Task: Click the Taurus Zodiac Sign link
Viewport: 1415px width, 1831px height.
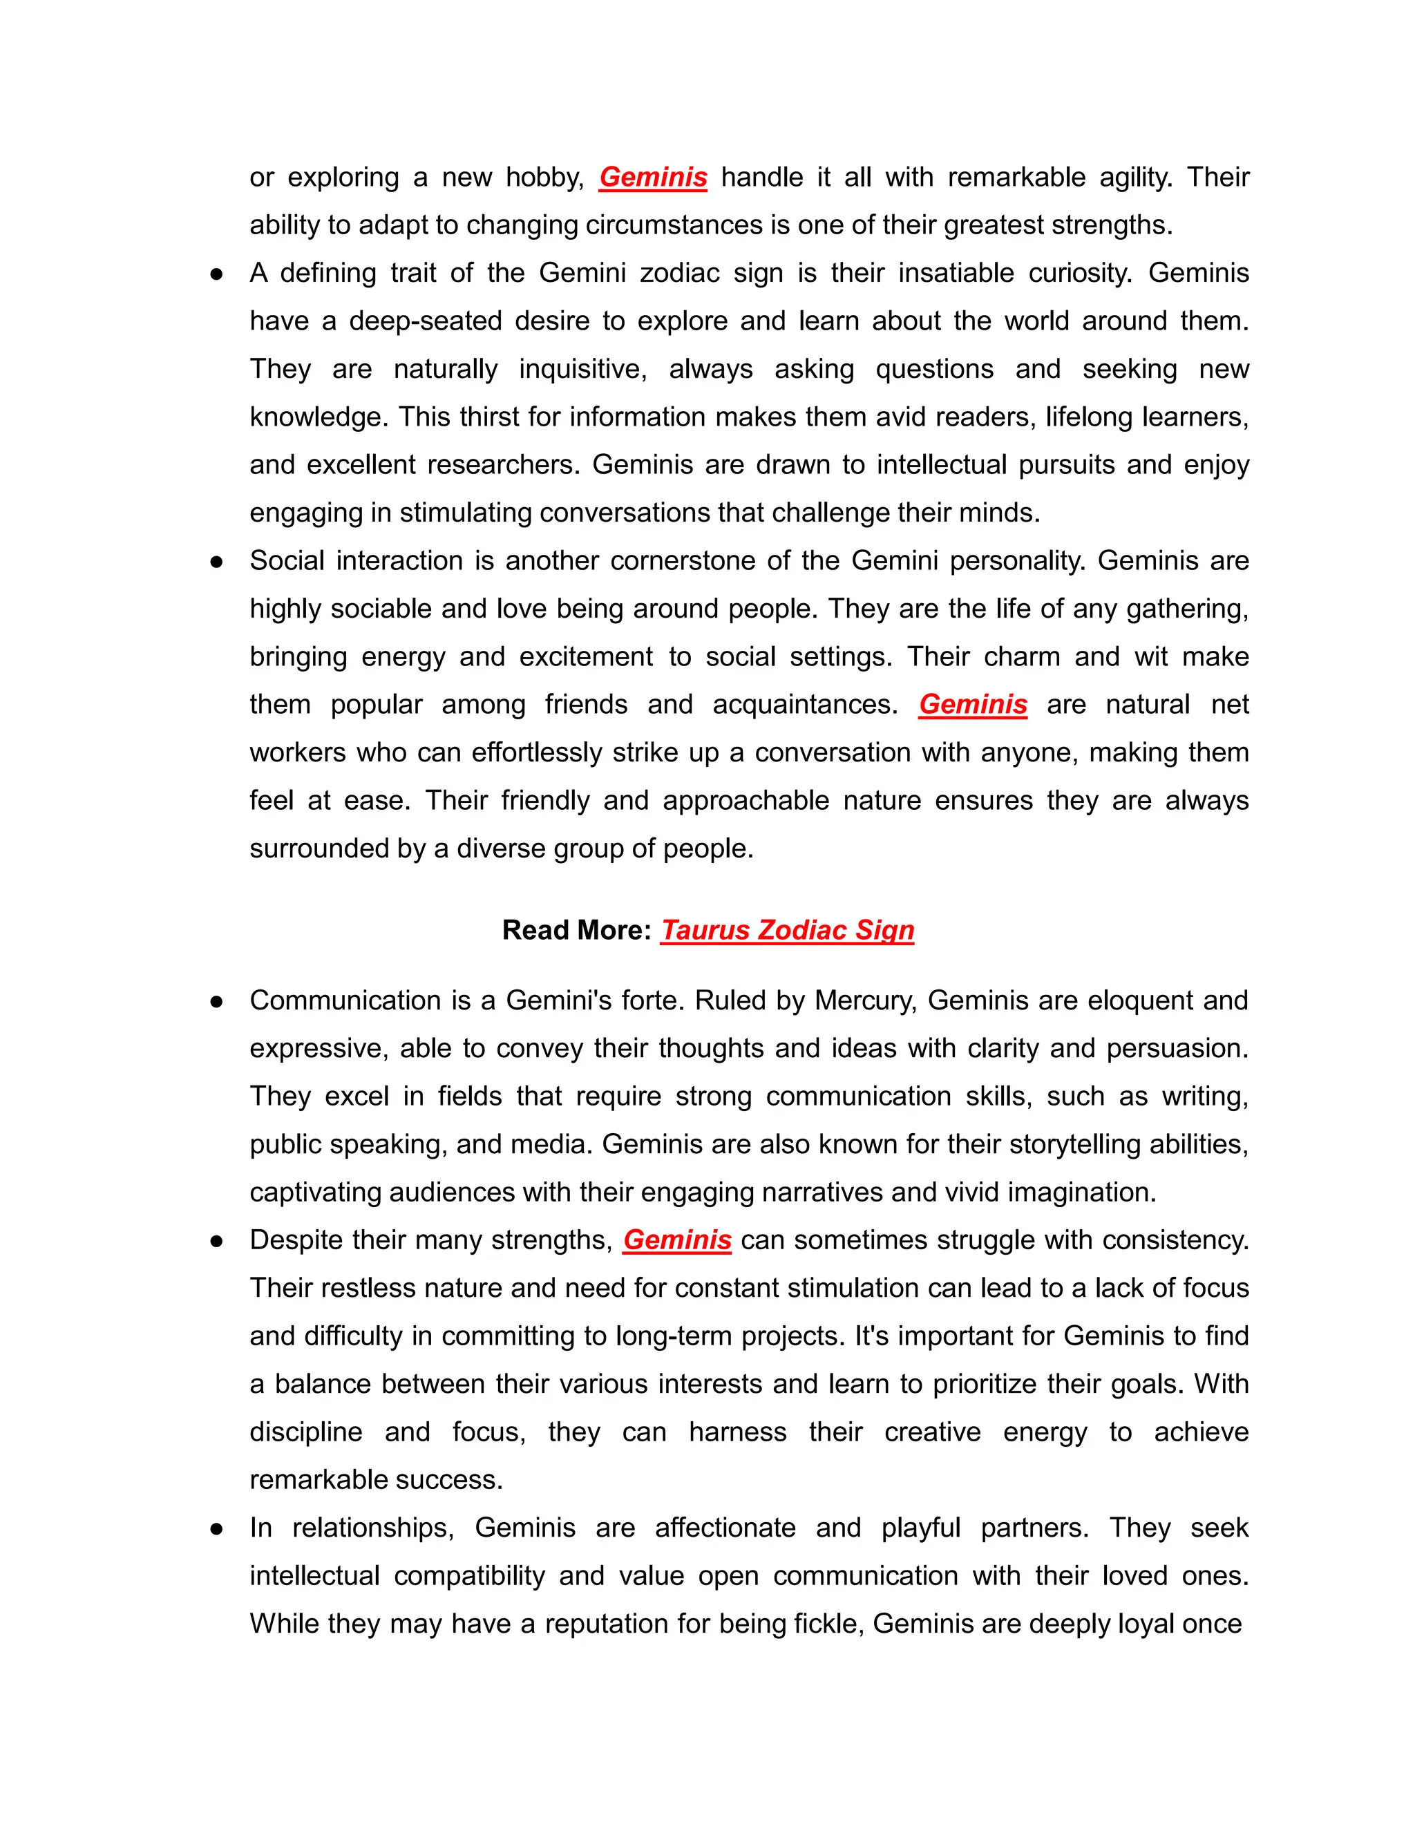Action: tap(786, 930)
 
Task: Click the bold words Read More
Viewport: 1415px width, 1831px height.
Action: tap(576, 930)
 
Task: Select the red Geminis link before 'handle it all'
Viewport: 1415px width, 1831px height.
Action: tap(653, 177)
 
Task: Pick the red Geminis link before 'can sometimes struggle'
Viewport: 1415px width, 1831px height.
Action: tap(676, 1240)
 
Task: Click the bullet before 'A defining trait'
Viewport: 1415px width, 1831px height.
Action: tap(216, 274)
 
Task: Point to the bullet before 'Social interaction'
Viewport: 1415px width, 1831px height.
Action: tap(216, 561)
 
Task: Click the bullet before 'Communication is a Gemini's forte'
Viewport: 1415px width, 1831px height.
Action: tap(216, 1001)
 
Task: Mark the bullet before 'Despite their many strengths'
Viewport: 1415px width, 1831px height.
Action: tap(216, 1241)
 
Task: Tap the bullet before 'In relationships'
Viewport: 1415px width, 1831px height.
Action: tap(216, 1528)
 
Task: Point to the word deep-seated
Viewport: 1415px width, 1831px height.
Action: tap(424, 321)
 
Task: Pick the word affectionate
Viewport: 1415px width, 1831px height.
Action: tap(725, 1528)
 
